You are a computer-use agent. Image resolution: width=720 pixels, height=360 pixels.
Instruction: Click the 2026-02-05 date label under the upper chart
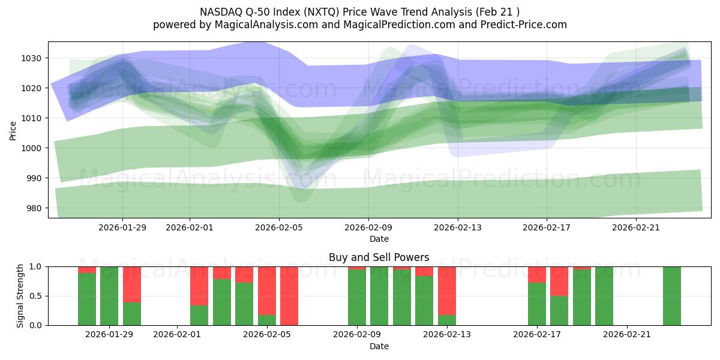tap(278, 227)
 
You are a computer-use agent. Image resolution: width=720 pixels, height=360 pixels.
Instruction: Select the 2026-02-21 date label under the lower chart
tap(626, 335)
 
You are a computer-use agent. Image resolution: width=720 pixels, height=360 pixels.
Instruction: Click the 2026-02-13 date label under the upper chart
tap(457, 227)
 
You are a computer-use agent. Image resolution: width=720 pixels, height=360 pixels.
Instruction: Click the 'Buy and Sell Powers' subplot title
tap(379, 257)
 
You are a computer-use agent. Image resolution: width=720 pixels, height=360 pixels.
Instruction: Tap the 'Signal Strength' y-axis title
tap(20, 295)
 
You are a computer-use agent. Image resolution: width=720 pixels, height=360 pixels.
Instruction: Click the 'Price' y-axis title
tap(13, 130)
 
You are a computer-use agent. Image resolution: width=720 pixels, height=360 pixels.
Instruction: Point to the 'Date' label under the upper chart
tap(379, 239)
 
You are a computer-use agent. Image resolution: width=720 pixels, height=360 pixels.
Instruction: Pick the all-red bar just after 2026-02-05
tap(289, 295)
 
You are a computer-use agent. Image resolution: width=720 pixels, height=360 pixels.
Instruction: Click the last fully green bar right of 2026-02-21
tap(671, 295)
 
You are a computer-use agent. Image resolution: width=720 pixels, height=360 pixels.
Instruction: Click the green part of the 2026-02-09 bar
tap(357, 298)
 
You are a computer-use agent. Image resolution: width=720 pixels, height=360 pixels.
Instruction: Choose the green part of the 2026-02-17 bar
tap(536, 304)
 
